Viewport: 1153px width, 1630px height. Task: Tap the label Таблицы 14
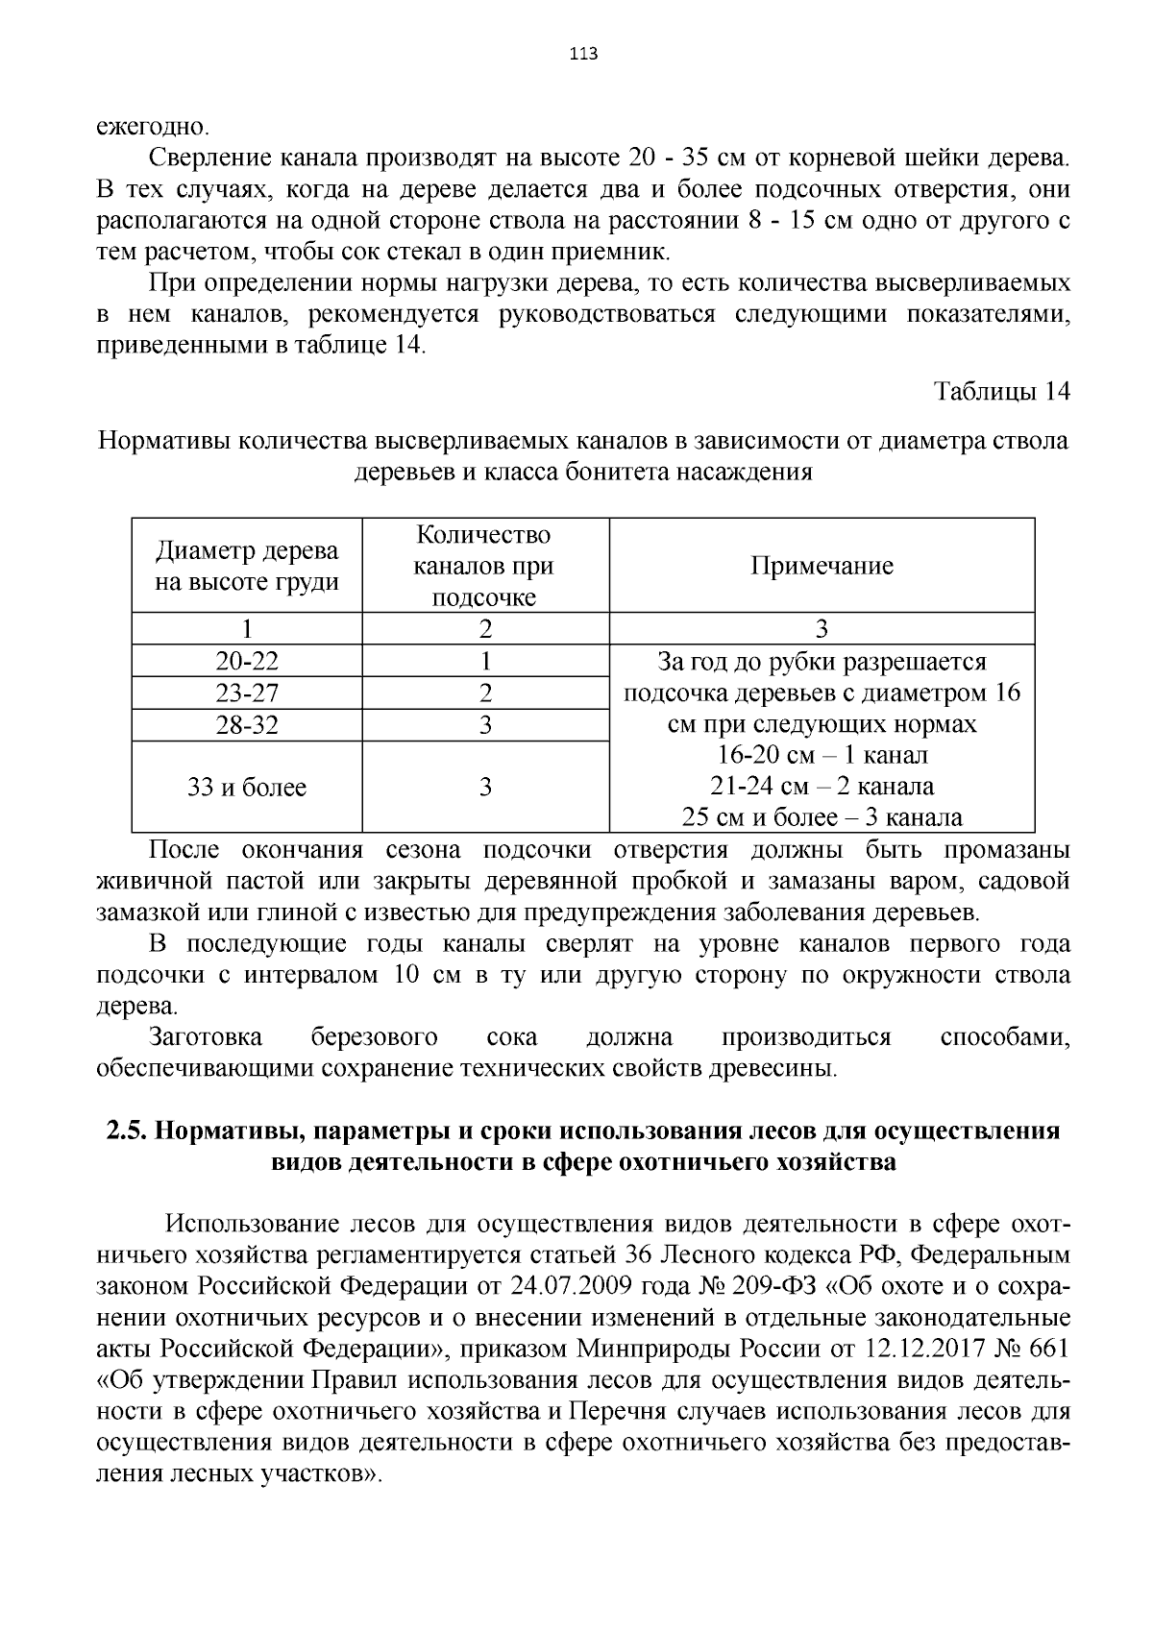(1002, 392)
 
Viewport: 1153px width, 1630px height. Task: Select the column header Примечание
(822, 566)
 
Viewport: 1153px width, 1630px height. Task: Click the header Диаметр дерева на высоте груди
(247, 567)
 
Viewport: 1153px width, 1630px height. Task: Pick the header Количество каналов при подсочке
(484, 566)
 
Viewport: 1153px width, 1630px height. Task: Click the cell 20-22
(247, 661)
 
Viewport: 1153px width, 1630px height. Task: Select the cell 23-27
(247, 693)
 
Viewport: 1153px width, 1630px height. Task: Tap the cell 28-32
(247, 725)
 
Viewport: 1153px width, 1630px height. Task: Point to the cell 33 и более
(247, 788)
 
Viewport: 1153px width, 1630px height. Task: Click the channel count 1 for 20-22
(485, 661)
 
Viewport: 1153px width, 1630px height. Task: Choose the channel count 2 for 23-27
(485, 693)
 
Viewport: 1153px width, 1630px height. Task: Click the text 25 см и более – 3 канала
(822, 817)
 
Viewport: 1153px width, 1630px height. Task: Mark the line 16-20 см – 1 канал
(822, 755)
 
